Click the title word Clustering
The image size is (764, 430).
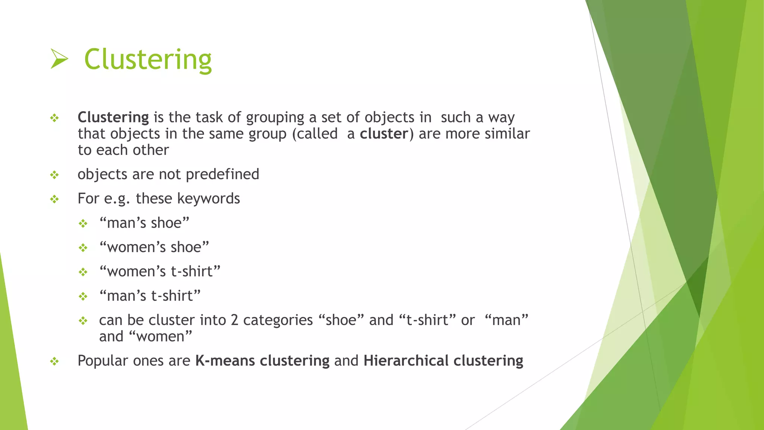point(148,60)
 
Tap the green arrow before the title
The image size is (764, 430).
point(59,59)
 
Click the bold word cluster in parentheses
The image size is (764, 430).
point(384,134)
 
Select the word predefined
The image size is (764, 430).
point(222,174)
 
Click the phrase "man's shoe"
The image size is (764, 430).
point(144,223)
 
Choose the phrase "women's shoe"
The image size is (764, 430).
point(154,247)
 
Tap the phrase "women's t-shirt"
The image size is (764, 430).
point(160,271)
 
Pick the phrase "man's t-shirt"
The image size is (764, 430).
point(150,296)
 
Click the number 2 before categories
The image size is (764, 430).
point(234,320)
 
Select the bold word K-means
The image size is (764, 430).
point(225,361)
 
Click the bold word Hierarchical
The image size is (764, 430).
point(406,361)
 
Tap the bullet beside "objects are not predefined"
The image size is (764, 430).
point(54,175)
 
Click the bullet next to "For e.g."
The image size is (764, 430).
point(54,199)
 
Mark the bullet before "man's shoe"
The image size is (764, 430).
point(83,224)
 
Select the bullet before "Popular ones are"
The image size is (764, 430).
point(54,361)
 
